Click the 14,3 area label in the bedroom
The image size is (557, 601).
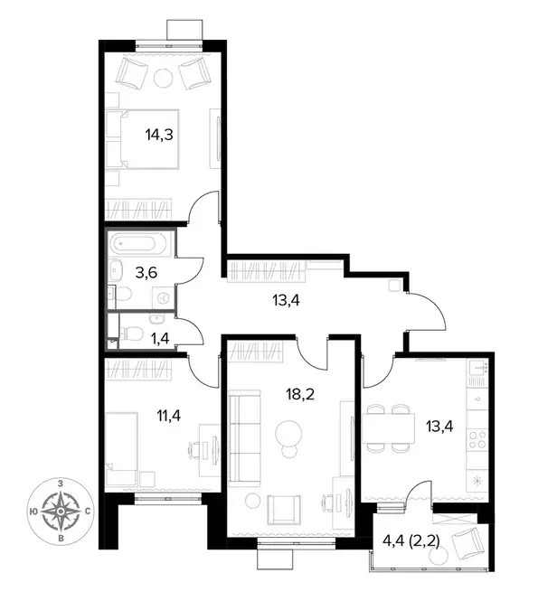point(159,135)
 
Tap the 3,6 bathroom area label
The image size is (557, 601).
point(146,273)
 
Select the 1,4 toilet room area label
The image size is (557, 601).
point(160,338)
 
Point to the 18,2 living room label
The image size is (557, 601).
point(300,393)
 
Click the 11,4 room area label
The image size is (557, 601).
point(169,415)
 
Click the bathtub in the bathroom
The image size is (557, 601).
point(137,243)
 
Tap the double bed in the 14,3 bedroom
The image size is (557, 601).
point(142,139)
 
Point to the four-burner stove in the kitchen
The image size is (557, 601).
point(477,439)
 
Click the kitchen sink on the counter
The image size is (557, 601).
point(478,369)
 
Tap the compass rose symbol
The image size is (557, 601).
point(61,511)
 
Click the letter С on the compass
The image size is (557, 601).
point(88,511)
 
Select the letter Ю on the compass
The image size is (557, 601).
point(33,511)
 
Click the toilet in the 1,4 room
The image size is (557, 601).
point(131,333)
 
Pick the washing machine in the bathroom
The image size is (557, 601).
point(164,296)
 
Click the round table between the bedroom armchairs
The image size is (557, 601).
point(164,78)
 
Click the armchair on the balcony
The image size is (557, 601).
point(467,542)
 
